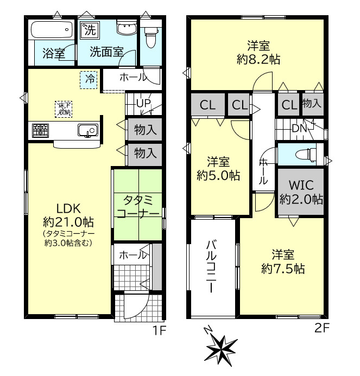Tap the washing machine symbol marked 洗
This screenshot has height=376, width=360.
(x=88, y=30)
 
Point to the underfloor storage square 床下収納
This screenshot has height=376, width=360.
(x=64, y=109)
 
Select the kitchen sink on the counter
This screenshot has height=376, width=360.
(x=87, y=130)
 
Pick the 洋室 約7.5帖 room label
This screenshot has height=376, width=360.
(x=283, y=261)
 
